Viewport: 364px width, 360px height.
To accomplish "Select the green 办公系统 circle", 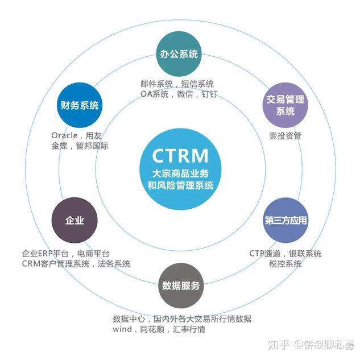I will pyautogui.click(x=178, y=55).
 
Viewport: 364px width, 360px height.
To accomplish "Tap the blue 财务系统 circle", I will pyautogui.click(x=79, y=105).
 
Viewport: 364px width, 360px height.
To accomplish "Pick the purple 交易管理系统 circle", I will pyautogui.click(x=285, y=105).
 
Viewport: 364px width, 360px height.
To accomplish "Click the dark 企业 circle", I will pyautogui.click(x=75, y=220).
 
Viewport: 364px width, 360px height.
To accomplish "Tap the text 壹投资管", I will pyautogui.click(x=286, y=136).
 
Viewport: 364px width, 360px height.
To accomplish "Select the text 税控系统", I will pyautogui.click(x=286, y=264).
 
